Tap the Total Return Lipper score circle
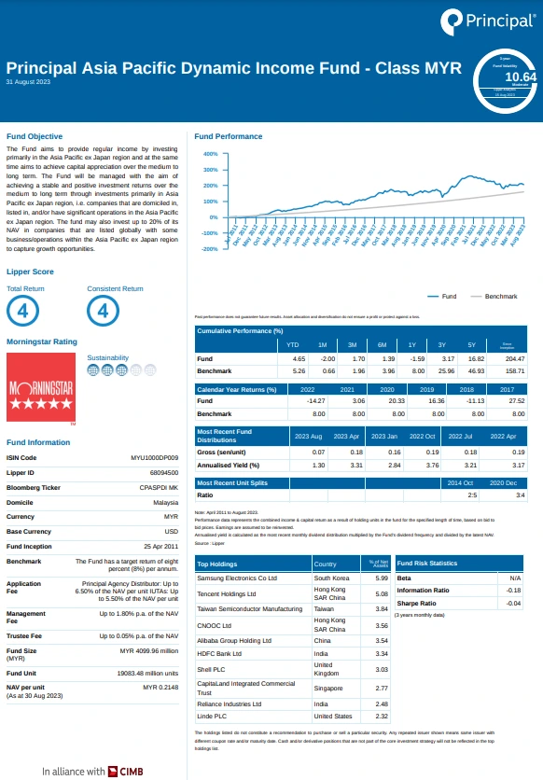tap(21, 311)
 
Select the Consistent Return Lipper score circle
tap(103, 311)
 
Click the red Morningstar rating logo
tap(39, 393)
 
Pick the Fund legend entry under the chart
tap(442, 297)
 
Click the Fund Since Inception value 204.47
tap(514, 359)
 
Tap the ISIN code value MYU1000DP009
tap(154, 458)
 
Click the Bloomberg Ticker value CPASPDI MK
tap(158, 487)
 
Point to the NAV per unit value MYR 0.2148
tap(160, 687)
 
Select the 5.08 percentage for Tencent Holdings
tap(368, 593)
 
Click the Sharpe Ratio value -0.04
tap(513, 604)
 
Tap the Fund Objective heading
tap(35, 137)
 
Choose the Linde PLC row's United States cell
tap(332, 716)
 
